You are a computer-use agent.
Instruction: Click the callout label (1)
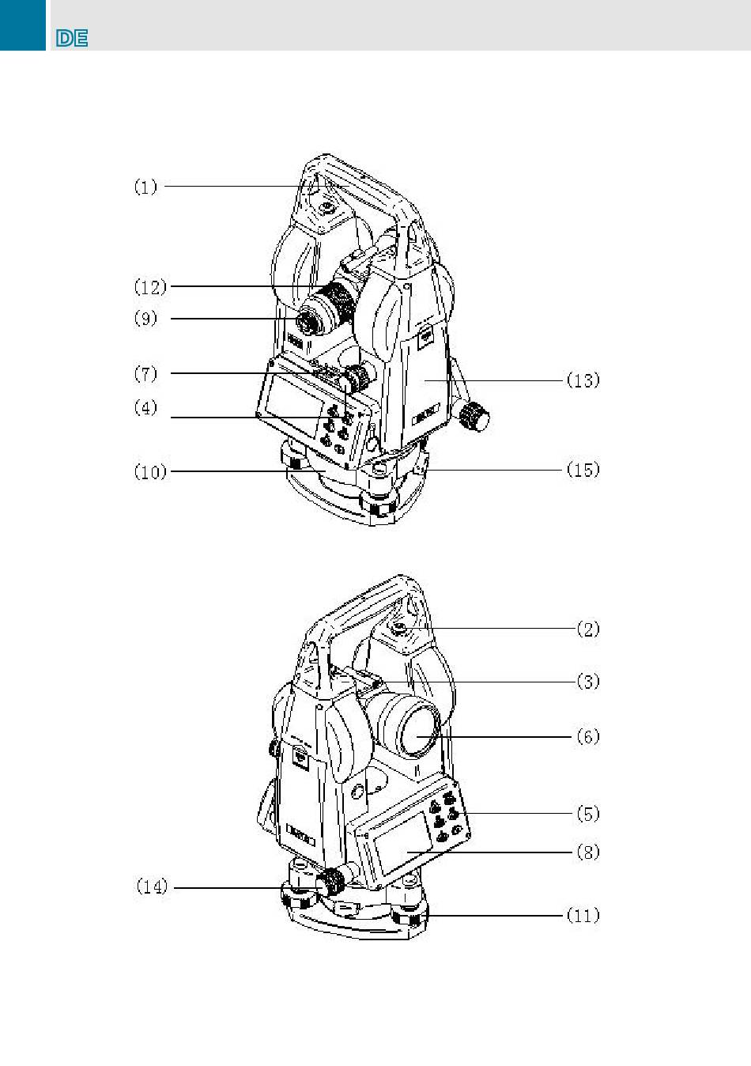145,187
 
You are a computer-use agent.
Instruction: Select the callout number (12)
150,287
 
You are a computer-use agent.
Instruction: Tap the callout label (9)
145,319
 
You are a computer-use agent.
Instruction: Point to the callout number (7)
145,373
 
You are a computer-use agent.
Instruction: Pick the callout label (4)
145,408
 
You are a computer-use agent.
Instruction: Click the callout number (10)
150,472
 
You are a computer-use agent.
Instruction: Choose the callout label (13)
583,380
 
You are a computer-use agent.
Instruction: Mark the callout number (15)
583,470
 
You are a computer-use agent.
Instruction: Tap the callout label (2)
588,629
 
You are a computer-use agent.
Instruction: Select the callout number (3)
588,682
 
